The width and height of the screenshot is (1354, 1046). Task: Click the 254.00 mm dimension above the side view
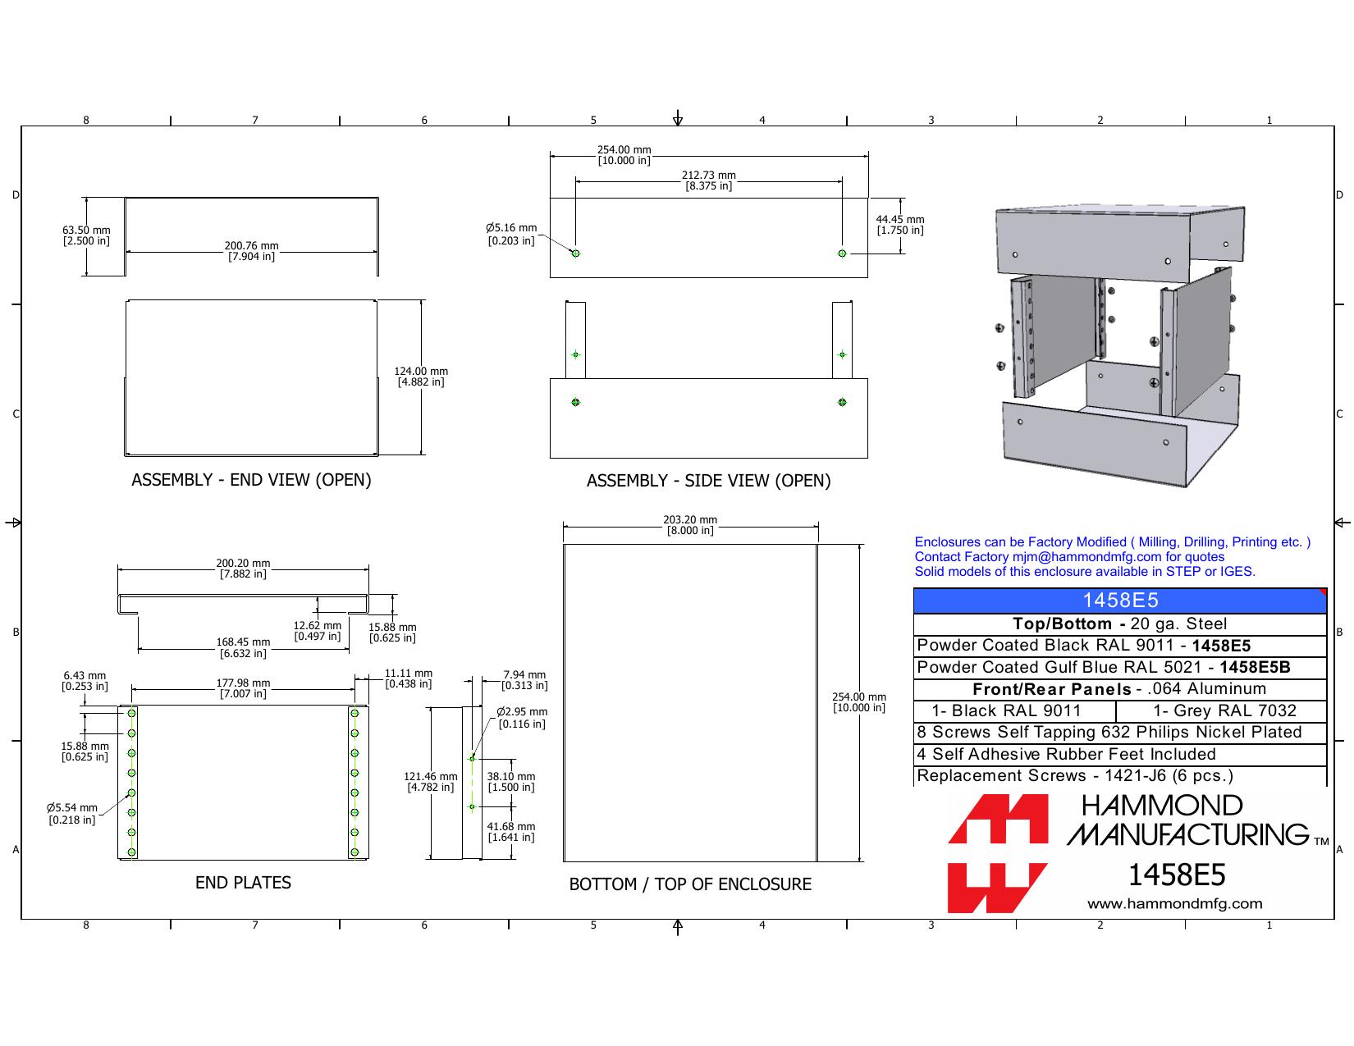point(624,155)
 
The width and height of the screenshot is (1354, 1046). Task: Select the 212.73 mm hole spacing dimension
point(708,180)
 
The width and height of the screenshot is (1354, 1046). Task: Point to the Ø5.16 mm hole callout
point(511,235)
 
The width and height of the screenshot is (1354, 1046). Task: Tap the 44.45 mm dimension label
point(899,225)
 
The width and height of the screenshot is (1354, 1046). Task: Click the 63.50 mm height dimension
point(86,235)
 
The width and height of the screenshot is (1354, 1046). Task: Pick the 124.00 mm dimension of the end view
point(421,377)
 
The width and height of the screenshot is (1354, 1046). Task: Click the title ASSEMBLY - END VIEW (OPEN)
point(251,480)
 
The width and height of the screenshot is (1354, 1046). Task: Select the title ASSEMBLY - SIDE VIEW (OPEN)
point(708,480)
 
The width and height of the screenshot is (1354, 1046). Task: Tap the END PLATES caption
point(243,882)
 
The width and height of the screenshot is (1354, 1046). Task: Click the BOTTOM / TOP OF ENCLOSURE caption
point(690,884)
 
